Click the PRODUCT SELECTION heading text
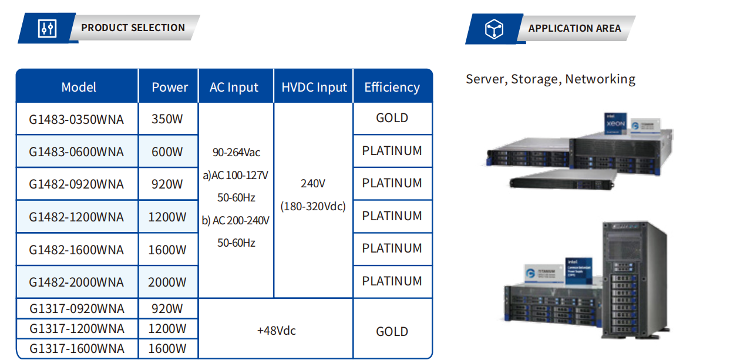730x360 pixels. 133,28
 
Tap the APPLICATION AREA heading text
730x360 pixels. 574,28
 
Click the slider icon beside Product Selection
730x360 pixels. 47,28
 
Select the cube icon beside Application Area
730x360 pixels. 494,29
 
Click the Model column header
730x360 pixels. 79,88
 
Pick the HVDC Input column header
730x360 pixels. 314,88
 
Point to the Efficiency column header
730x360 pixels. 392,88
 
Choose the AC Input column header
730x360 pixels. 234,88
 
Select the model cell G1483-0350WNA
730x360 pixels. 76,120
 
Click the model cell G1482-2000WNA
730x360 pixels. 76,282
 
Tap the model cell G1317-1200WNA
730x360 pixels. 76,328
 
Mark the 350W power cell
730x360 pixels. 167,119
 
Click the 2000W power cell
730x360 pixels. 167,282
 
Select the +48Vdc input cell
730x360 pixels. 276,331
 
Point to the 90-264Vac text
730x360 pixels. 236,153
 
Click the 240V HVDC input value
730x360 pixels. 312,183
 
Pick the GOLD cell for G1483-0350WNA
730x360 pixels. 392,118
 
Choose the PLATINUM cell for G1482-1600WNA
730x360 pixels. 392,248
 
